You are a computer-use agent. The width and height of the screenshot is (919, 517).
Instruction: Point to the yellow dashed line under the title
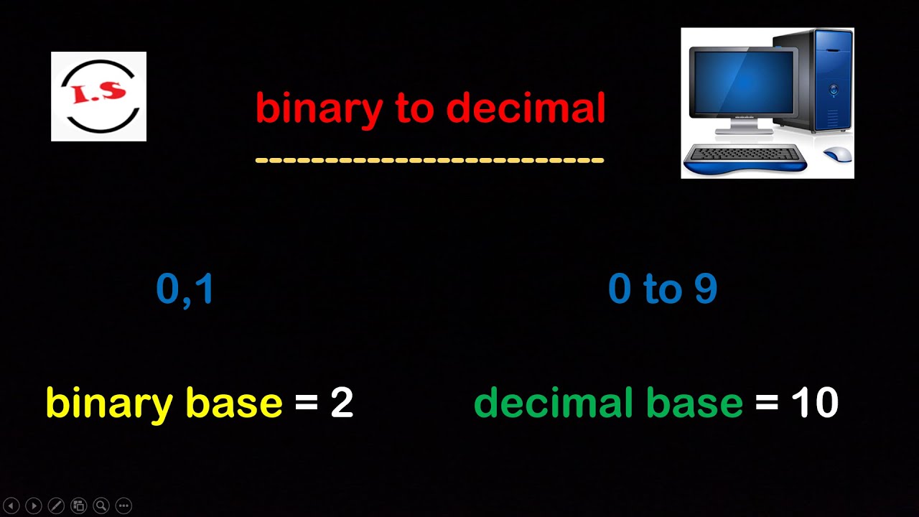[x=429, y=160]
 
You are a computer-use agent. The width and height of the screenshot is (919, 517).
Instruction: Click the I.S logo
[x=98, y=96]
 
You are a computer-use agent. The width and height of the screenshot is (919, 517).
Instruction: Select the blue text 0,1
[x=185, y=289]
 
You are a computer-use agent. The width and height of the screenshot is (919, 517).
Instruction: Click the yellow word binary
[x=108, y=404]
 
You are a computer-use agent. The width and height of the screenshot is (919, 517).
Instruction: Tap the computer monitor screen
[x=742, y=83]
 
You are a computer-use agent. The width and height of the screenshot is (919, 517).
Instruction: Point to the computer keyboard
[x=744, y=154]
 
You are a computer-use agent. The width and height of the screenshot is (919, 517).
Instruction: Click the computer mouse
[x=837, y=154]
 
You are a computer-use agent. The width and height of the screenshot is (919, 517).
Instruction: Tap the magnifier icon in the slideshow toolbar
[x=101, y=506]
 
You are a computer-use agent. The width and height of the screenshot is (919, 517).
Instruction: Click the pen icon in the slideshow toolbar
[x=56, y=506]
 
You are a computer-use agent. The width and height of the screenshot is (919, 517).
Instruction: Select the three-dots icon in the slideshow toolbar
[x=123, y=506]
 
